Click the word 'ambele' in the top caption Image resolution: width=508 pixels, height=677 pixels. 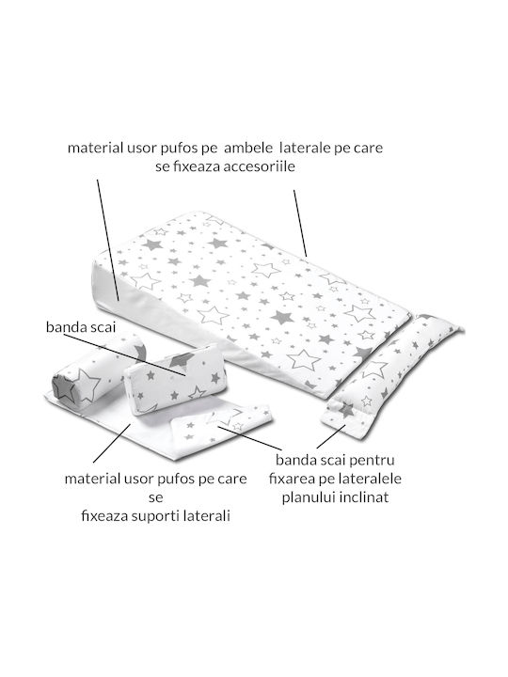point(248,149)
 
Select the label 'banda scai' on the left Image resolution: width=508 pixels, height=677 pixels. point(81,327)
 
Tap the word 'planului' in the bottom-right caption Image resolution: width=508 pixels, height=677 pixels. point(309,497)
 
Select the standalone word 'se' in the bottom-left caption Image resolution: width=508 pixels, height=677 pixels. point(155,497)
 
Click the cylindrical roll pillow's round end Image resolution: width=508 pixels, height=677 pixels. point(64,387)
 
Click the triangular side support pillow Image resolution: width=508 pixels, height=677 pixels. point(175,380)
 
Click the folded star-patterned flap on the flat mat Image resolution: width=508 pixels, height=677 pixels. point(221,422)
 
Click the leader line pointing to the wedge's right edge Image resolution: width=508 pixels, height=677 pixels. point(300,224)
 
